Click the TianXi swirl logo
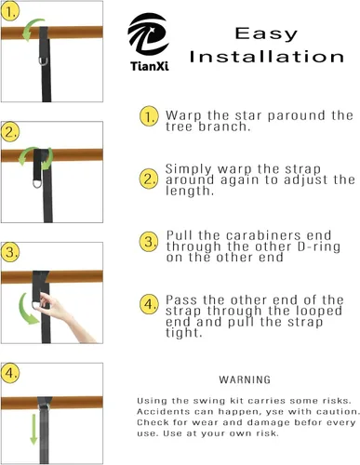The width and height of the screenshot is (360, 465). [148, 34]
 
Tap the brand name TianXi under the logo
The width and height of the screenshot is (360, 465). [150, 66]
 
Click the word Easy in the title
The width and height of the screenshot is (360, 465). [266, 34]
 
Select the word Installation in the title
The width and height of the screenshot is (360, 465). [267, 57]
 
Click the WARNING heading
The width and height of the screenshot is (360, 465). [245, 379]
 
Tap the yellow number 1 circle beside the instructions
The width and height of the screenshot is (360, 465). [149, 116]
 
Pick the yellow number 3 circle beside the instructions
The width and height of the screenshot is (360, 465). [149, 242]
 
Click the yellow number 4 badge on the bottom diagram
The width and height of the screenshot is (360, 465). [10, 373]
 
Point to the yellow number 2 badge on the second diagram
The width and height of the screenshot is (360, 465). [10, 132]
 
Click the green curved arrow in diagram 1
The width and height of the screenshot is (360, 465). [33, 29]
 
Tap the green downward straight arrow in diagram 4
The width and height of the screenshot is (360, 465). [33, 430]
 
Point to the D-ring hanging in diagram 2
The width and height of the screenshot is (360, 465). [37, 183]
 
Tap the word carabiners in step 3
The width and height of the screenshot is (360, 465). [263, 235]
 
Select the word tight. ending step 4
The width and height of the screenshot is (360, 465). [183, 333]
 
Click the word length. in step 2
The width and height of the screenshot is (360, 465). [190, 191]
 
